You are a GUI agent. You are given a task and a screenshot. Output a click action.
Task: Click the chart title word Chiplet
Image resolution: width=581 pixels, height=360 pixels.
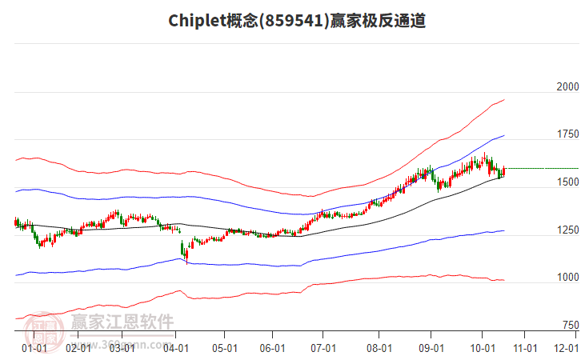click(194, 21)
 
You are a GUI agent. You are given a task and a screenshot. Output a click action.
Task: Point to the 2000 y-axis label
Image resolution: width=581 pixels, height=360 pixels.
click(567, 86)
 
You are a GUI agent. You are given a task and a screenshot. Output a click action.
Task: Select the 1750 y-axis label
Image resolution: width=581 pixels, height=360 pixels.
click(567, 134)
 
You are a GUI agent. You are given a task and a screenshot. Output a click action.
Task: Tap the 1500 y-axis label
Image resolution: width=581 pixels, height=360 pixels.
click(567, 182)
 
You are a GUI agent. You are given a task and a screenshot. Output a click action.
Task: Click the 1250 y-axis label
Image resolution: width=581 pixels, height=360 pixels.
click(567, 230)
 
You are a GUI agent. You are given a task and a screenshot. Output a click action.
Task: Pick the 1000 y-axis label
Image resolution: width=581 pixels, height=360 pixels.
click(567, 278)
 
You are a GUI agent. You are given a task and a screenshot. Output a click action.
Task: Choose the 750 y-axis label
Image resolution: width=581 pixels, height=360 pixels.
click(570, 326)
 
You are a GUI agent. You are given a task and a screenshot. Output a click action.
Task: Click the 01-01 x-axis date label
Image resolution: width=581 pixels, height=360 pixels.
click(34, 348)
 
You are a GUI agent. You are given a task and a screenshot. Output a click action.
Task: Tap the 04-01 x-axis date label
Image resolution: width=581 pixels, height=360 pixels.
click(176, 348)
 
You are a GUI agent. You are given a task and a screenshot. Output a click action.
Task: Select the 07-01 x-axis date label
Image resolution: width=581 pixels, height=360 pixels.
click(323, 348)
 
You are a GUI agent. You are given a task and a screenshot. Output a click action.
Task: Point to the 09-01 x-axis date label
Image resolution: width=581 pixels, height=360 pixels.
click(431, 348)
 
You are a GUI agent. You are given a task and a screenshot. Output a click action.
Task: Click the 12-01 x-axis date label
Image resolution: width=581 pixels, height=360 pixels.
click(567, 348)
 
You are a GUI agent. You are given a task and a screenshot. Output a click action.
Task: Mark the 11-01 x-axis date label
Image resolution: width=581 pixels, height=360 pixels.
click(524, 348)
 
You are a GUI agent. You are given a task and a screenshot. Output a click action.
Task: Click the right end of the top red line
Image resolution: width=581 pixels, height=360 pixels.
click(503, 100)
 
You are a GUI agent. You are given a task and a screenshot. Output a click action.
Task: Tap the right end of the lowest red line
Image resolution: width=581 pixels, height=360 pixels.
click(503, 280)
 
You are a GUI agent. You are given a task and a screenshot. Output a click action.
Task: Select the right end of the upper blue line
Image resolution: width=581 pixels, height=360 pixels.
click(503, 135)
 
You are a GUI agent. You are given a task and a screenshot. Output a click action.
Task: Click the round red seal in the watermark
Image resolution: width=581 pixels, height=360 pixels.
click(46, 329)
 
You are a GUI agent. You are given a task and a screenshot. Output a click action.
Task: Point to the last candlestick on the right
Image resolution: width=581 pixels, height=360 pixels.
click(503, 171)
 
